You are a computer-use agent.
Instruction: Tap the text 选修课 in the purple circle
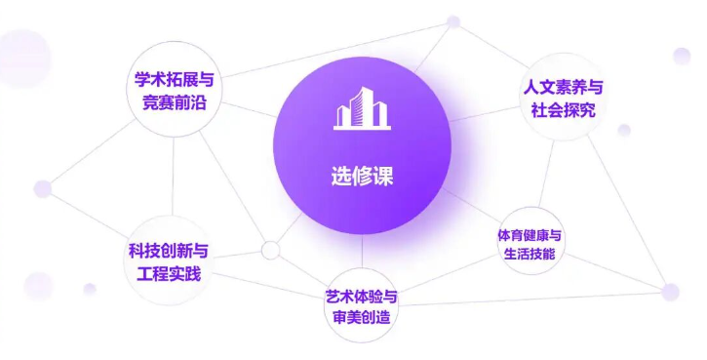(x=362, y=178)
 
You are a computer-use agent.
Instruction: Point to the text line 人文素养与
(x=561, y=88)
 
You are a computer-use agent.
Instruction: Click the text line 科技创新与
(x=169, y=250)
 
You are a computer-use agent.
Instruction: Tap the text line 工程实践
(x=169, y=272)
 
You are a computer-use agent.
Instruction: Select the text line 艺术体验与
(x=362, y=296)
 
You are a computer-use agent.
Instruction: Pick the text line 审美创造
(x=362, y=317)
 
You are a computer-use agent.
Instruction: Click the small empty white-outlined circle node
(x=270, y=251)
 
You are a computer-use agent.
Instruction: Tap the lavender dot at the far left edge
(x=43, y=188)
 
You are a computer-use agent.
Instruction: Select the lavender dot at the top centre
(x=452, y=21)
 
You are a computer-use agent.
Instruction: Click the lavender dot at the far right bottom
(x=670, y=291)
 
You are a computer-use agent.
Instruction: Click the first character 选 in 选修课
(x=339, y=178)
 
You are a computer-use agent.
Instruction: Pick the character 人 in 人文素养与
(x=531, y=88)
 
